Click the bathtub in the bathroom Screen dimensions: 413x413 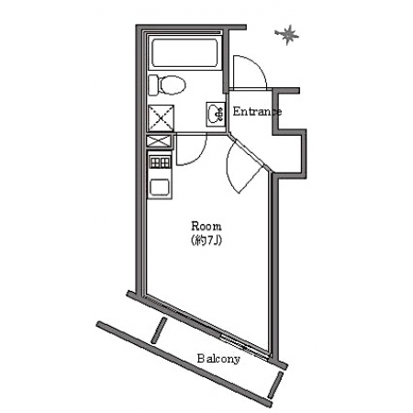(x=184, y=52)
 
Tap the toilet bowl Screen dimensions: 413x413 (x=173, y=84)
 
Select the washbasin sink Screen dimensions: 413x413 (x=217, y=114)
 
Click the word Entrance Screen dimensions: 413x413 (x=257, y=111)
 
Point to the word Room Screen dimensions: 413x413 (x=206, y=227)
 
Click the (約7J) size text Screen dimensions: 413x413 (x=206, y=240)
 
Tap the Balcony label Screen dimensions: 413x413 (x=218, y=358)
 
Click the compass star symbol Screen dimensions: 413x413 (x=287, y=35)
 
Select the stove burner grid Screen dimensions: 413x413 (x=160, y=162)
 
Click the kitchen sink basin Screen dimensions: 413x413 (x=160, y=187)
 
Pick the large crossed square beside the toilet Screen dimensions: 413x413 (x=161, y=118)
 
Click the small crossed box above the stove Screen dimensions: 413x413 (x=159, y=141)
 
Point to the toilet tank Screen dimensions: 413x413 (x=153, y=85)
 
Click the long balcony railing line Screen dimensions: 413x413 (x=184, y=364)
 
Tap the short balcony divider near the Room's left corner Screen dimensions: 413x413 (x=159, y=329)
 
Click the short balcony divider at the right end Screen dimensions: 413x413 (x=275, y=385)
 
